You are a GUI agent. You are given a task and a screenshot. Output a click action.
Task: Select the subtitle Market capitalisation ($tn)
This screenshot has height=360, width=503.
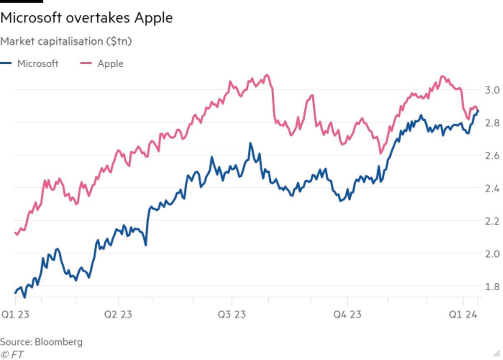pos(66,41)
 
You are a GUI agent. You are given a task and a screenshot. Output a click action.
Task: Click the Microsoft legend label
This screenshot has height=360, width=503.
pos(38,64)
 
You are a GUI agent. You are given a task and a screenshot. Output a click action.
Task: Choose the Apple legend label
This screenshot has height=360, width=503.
pos(110,64)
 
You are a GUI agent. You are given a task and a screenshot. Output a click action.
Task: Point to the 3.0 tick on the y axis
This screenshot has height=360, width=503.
pos(491,90)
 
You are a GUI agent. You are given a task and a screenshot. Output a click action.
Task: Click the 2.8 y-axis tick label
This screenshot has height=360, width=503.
pos(491,123)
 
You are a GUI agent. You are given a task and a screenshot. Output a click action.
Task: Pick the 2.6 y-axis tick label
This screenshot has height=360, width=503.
pos(491,155)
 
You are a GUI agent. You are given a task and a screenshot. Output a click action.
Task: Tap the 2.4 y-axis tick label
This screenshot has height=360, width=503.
pos(491,188)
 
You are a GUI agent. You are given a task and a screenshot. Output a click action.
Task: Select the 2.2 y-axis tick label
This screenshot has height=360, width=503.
pos(491,221)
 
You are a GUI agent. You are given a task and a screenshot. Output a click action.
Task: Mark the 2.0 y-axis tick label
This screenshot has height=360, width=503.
pos(491,253)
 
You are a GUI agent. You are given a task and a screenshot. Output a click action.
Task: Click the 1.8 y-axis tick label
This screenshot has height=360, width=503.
pos(491,286)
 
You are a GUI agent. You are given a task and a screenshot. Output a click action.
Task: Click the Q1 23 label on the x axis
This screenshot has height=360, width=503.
pos(15,315)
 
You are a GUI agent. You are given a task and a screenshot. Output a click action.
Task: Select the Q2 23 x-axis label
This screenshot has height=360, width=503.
pos(118,315)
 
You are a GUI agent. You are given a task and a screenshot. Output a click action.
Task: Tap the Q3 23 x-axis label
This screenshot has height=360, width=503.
pos(232,315)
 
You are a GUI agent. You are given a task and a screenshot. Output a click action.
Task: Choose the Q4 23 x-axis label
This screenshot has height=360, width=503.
pos(347,315)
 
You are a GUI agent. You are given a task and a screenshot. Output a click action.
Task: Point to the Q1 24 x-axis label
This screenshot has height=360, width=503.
pos(464,315)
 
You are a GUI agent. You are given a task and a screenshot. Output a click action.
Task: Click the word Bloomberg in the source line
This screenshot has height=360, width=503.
pos(59,342)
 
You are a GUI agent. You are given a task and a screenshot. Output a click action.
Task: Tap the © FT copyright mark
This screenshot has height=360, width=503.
pos(12,354)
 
